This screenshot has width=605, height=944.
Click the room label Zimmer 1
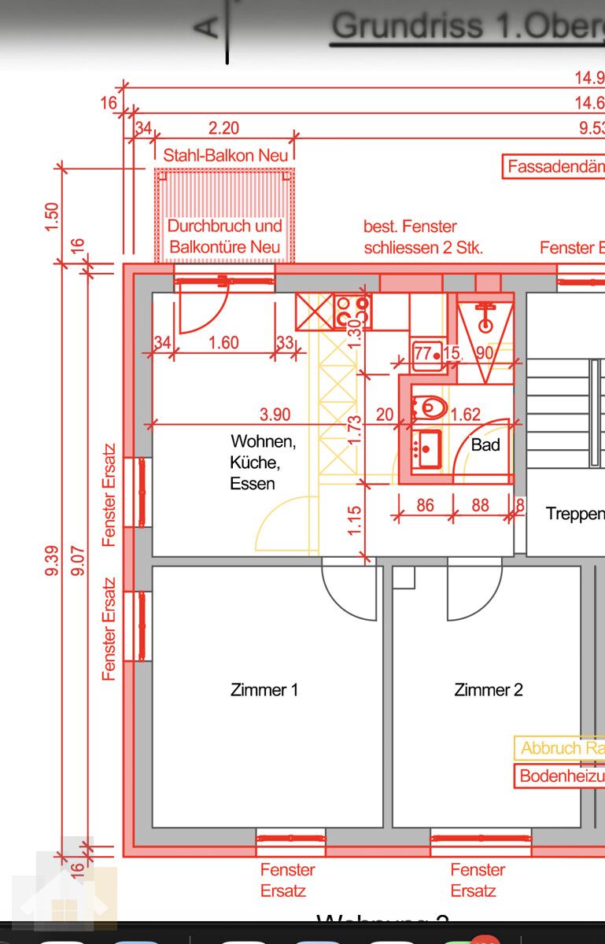[264, 690]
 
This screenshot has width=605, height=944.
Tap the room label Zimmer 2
[489, 690]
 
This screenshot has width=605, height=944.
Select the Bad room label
[485, 444]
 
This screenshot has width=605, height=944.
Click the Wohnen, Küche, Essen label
[262, 463]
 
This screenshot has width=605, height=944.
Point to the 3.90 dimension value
[275, 415]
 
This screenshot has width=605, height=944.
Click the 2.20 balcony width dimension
[223, 127]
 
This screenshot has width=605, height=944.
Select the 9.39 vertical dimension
[53, 560]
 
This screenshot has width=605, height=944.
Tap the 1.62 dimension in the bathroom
[466, 415]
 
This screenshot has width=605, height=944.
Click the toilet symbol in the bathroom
[430, 407]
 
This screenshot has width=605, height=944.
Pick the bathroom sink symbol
[428, 449]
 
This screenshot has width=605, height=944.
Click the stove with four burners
[352, 312]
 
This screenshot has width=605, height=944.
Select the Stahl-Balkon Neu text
[225, 156]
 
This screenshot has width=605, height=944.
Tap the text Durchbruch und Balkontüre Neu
[225, 236]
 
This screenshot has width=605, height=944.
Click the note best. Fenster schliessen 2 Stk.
[422, 237]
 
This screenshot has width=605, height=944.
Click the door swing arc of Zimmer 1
[349, 592]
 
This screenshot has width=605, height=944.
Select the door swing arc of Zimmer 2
[474, 592]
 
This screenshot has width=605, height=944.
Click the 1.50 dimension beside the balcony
[53, 216]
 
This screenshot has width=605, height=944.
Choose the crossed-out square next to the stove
[313, 312]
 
